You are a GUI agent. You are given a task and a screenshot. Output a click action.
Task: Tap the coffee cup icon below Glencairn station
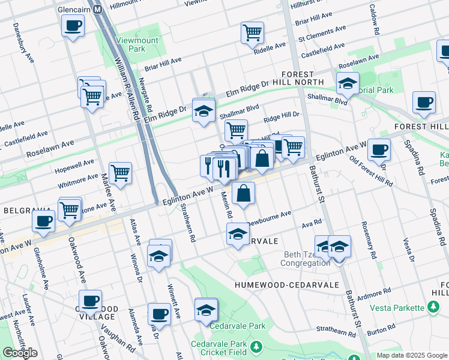pyautogui.click(x=73, y=26)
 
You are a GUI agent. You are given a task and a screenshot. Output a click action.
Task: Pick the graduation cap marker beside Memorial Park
pyautogui.click(x=348, y=83)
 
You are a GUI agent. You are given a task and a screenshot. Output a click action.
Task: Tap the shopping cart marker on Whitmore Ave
pyautogui.click(x=120, y=173)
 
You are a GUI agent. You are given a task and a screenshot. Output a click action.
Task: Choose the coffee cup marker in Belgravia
pyautogui.click(x=43, y=220)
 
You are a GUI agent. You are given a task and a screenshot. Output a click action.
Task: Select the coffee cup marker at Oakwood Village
pyautogui.click(x=91, y=301)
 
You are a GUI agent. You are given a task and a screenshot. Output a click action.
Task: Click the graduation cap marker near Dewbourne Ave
pyautogui.click(x=238, y=233)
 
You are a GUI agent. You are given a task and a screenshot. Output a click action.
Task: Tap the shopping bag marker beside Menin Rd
pyautogui.click(x=243, y=193)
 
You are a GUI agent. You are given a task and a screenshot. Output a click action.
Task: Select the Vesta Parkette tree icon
pyautogui.click(x=432, y=308)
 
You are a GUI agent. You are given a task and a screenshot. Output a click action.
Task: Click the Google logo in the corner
pyautogui.click(x=20, y=352)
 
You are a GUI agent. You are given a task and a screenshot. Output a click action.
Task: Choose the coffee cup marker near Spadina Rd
pyautogui.click(x=424, y=102)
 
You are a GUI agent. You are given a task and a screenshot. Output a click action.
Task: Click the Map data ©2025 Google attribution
pyautogui.click(x=412, y=355)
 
